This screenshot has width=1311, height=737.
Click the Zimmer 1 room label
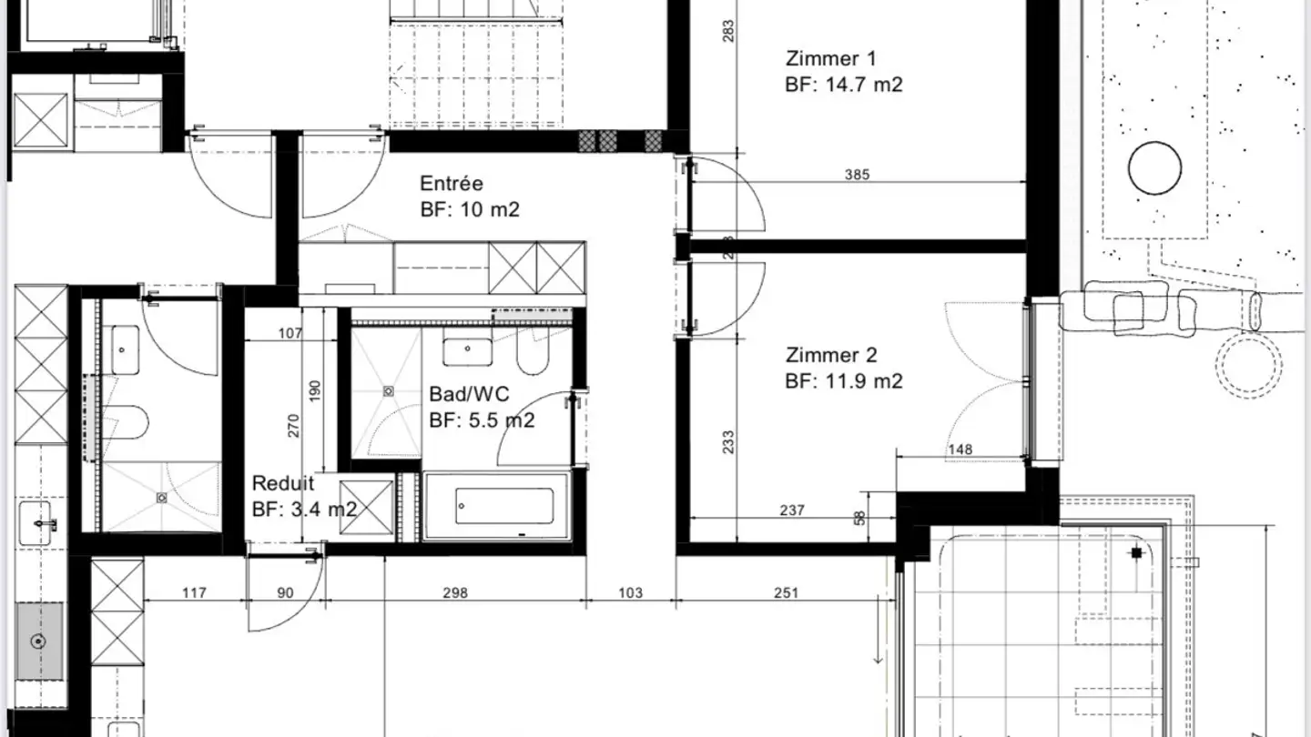830,59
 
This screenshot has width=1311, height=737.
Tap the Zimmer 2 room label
831,356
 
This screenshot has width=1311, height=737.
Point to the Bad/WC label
469,395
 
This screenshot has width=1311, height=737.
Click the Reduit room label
283,484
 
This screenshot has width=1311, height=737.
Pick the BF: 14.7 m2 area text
843,86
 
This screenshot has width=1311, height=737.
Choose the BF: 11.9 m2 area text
843,382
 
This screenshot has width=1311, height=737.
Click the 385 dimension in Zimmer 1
857,175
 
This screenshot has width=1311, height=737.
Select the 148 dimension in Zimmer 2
960,449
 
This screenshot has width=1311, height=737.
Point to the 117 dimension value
195,593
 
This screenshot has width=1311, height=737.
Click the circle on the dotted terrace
1154,168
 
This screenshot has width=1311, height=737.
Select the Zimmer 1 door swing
728,196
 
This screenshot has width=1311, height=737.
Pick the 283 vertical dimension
727,31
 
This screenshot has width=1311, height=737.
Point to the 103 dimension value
630,593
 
